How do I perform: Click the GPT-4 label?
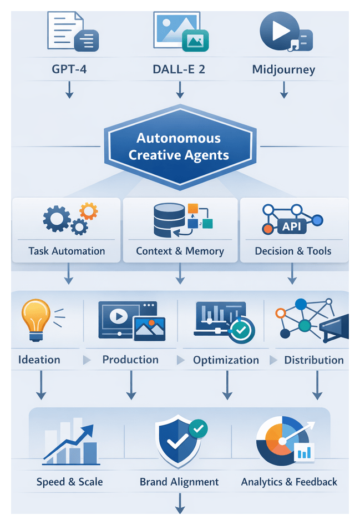pyautogui.click(x=69, y=70)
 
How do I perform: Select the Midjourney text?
pyautogui.click(x=283, y=70)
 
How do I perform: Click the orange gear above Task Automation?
pyautogui.click(x=88, y=210)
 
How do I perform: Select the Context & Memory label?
pyautogui.click(x=180, y=251)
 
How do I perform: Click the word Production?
pyautogui.click(x=130, y=360)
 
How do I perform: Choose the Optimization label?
pyautogui.click(x=226, y=360)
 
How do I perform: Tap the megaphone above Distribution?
pyautogui.click(x=334, y=326)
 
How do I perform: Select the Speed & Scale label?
pyautogui.click(x=69, y=482)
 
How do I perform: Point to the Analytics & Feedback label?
pyautogui.click(x=289, y=482)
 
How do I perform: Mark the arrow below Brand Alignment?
pyautogui.click(x=180, y=503)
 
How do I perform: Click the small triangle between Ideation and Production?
pyautogui.click(x=87, y=360)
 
